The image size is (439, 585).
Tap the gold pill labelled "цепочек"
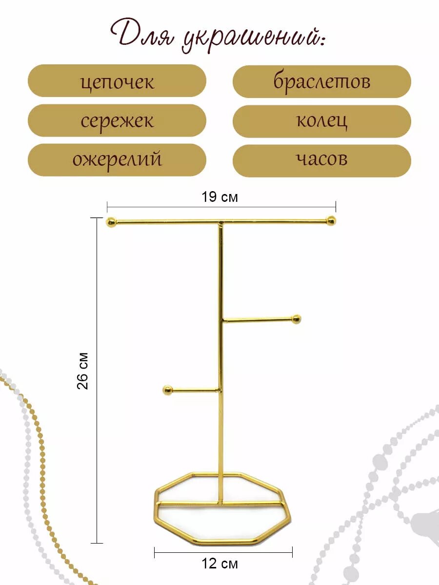[x=117, y=81]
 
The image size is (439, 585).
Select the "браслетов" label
[x=321, y=81]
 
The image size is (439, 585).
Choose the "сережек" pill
[x=117, y=120]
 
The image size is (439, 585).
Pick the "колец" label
[x=321, y=120]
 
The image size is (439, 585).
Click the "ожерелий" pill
[x=117, y=159]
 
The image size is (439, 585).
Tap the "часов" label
[x=321, y=159]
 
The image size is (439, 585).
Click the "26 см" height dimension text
[x=84, y=370]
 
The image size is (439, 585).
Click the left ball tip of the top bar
[x=112, y=222]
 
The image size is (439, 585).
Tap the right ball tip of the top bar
[x=331, y=221]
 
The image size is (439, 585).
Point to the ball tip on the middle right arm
[x=296, y=319]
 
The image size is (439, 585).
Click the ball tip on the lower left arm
[x=167, y=390]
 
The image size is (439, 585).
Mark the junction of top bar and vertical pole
[x=221, y=223]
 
